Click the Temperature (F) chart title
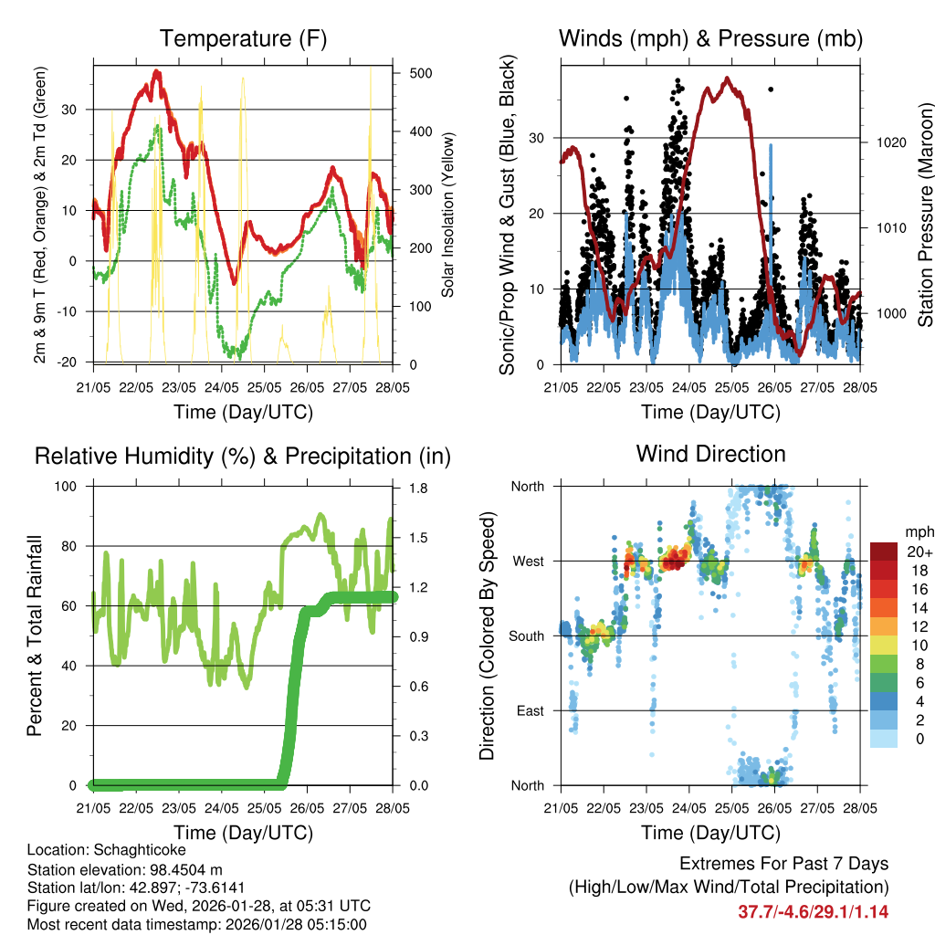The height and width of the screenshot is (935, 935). click(243, 38)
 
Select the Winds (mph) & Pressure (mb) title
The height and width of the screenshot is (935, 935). click(710, 38)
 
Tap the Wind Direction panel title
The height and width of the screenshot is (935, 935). click(710, 454)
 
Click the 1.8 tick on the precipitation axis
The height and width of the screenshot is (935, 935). click(417, 489)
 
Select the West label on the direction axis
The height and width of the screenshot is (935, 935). click(527, 561)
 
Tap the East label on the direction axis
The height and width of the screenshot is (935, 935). click(529, 710)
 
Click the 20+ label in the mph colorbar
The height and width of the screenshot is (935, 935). click(918, 552)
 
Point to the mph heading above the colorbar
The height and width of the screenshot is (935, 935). click(918, 531)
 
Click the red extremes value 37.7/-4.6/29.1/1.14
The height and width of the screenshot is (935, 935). click(813, 912)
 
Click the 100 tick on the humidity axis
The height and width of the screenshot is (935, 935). click(68, 487)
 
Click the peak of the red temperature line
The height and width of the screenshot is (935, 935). click(157, 71)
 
